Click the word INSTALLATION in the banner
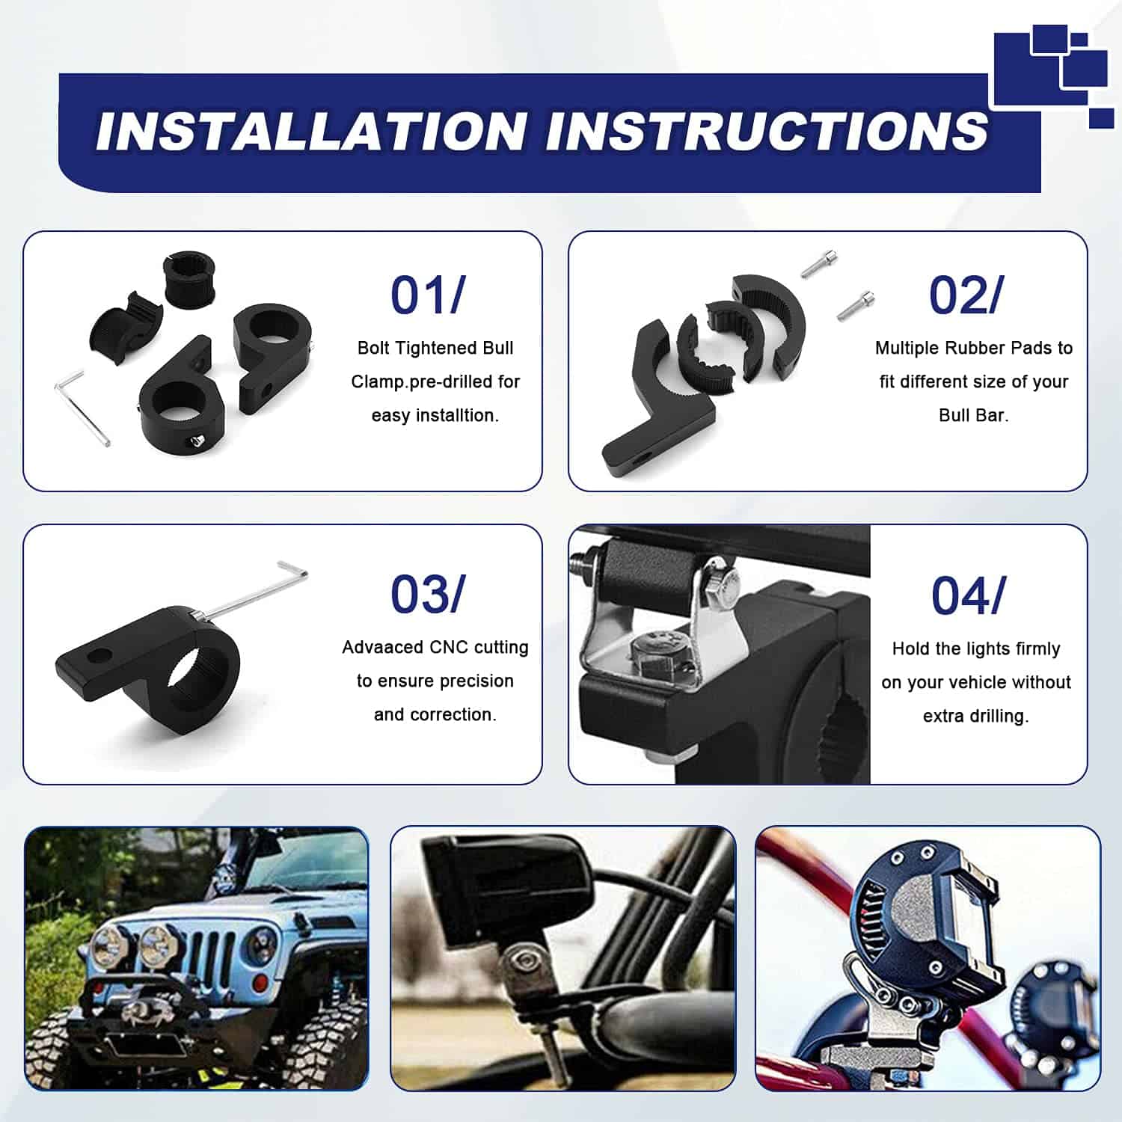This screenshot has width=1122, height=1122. click(310, 131)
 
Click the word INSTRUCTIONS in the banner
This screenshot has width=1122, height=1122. click(767, 131)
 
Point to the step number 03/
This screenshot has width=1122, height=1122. click(428, 595)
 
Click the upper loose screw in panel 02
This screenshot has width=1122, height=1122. click(819, 263)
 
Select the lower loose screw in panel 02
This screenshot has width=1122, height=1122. click(855, 306)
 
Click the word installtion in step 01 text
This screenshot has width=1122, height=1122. click(435, 415)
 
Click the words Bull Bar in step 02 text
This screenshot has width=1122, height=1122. click(974, 415)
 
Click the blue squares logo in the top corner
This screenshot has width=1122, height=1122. click(1050, 75)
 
